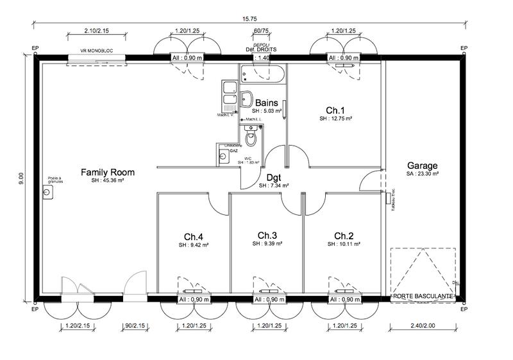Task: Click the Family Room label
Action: tap(108, 172)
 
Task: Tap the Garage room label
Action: tap(422, 164)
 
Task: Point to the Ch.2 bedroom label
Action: tap(344, 235)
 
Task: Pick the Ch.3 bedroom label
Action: tap(267, 235)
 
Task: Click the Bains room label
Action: tap(266, 103)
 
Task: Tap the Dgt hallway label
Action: tap(274, 177)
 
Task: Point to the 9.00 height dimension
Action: tap(21, 176)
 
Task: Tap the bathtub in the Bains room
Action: tap(264, 74)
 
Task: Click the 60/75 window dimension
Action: tap(261, 31)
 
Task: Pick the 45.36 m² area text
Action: tap(108, 181)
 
